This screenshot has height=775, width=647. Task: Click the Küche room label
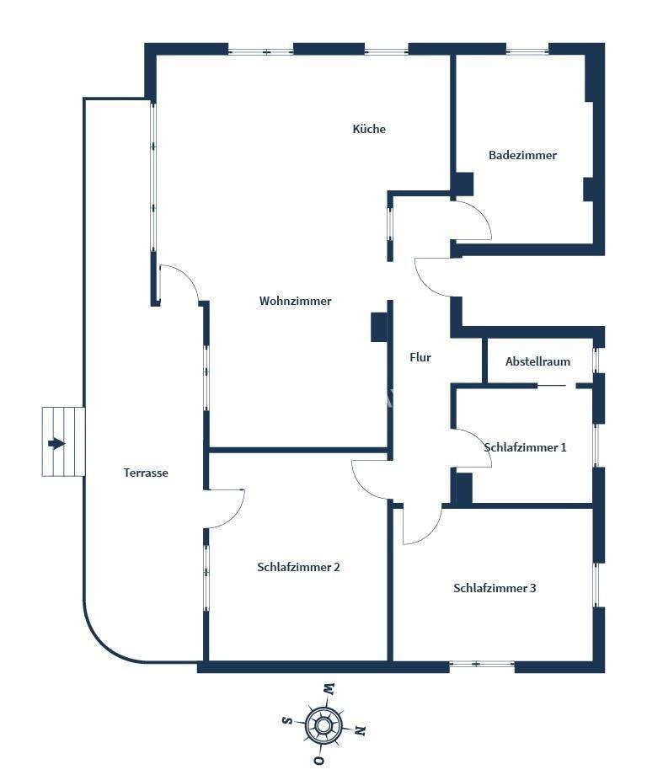click(x=369, y=129)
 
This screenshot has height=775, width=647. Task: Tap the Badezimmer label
click(x=522, y=155)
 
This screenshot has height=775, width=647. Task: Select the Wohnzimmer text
click(x=295, y=301)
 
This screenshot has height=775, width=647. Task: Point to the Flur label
click(x=420, y=357)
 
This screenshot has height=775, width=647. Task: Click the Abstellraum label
click(x=537, y=361)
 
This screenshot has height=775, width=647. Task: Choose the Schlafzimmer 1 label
click(x=525, y=447)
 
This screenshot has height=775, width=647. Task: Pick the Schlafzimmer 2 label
click(x=298, y=567)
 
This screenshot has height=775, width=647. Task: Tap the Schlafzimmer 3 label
click(x=495, y=588)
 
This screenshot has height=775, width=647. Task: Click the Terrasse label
click(x=146, y=473)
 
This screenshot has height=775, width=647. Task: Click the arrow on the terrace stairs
click(x=57, y=443)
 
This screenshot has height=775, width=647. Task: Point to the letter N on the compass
click(x=361, y=730)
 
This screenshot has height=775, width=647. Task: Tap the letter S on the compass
click(x=286, y=720)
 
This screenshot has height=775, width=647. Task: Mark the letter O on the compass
click(x=318, y=760)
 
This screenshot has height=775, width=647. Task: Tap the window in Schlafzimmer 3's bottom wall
click(x=481, y=665)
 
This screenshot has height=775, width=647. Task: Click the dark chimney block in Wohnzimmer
click(x=378, y=327)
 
